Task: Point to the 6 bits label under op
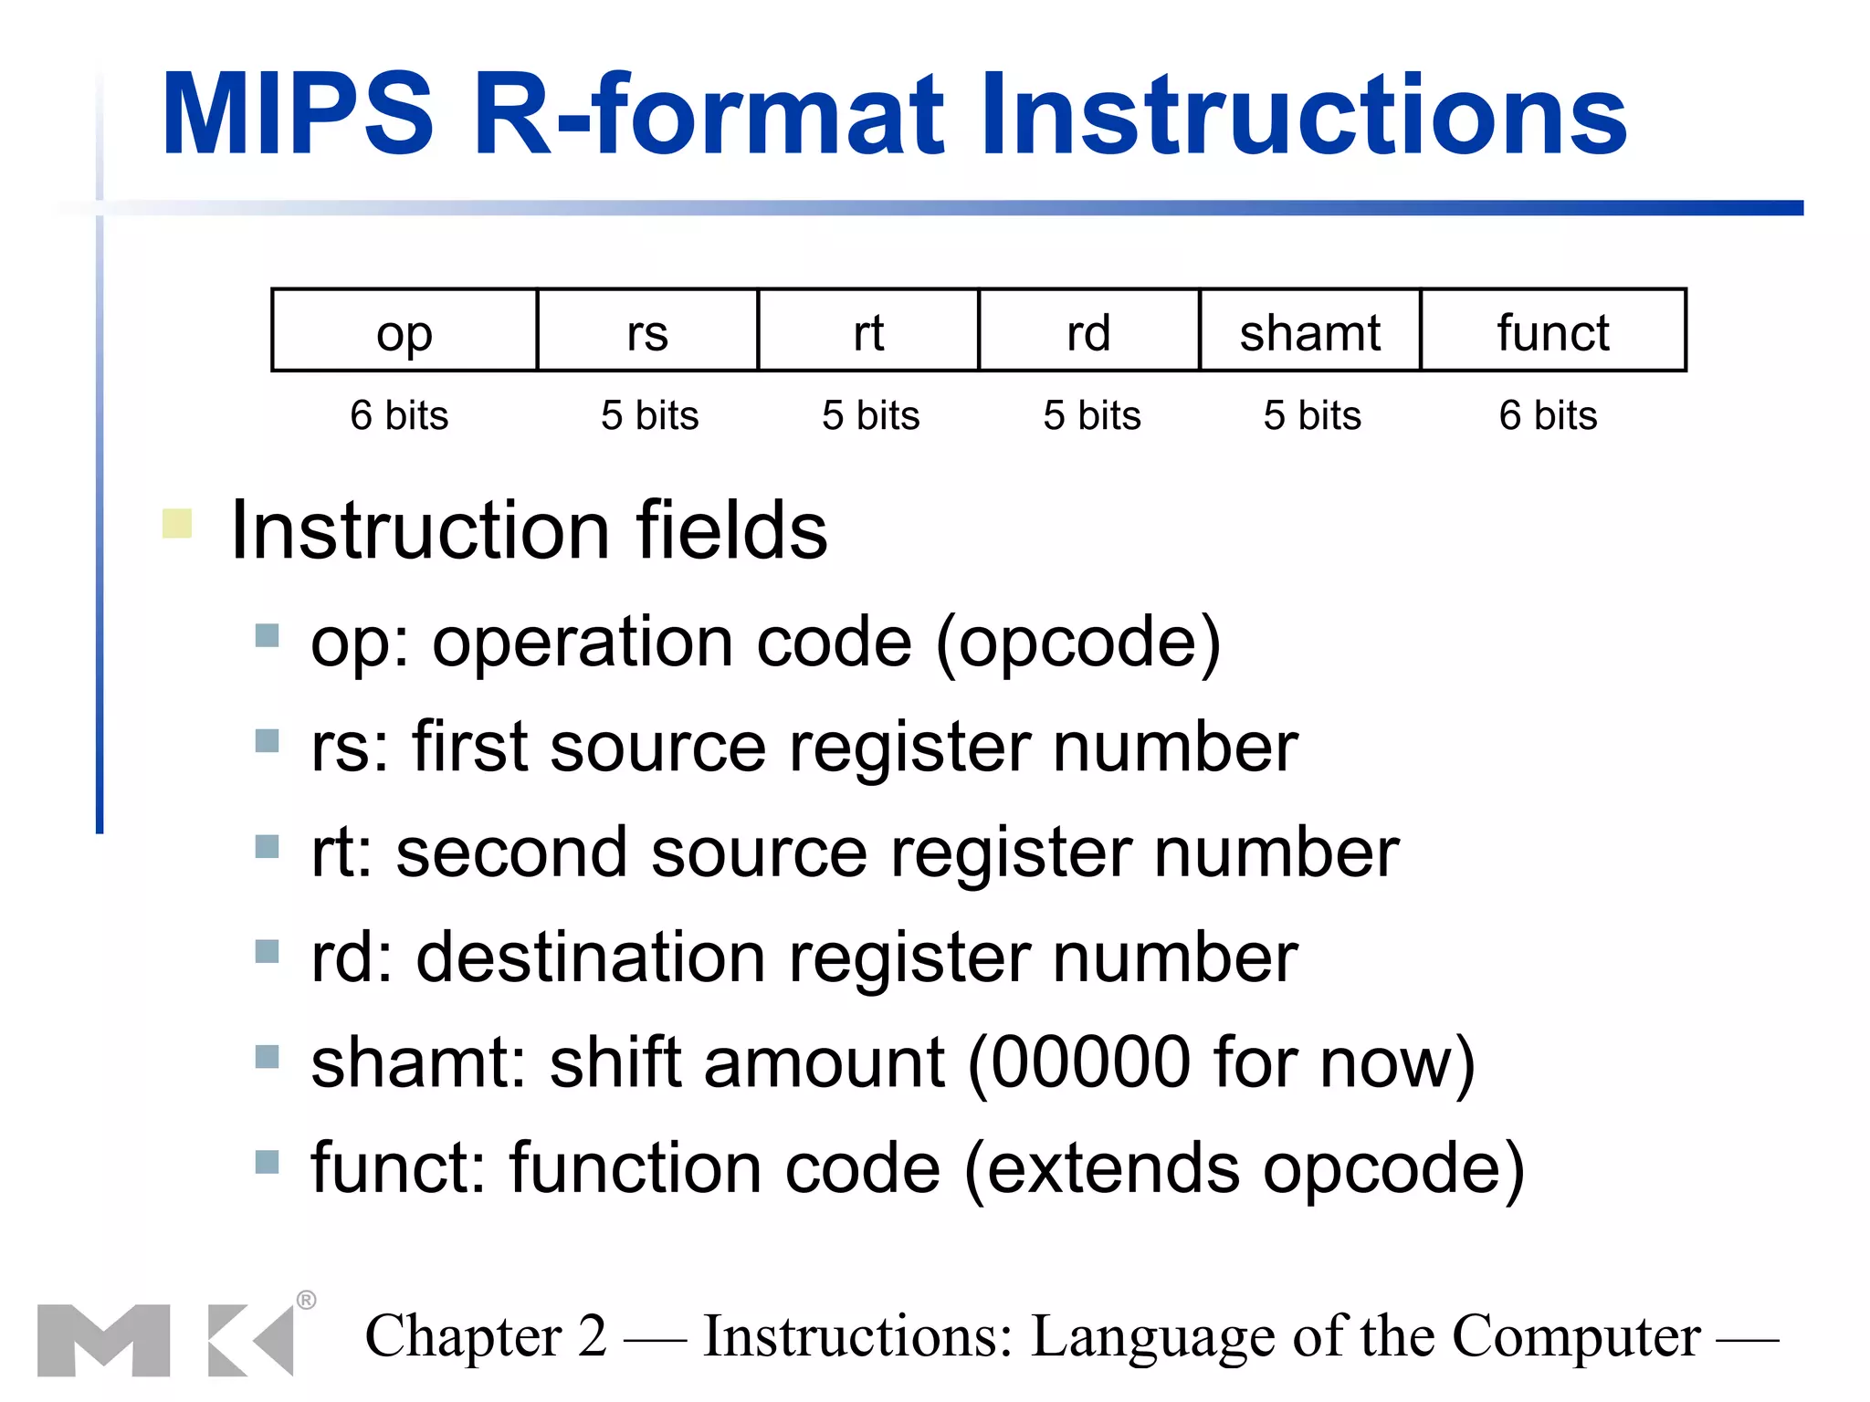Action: pos(399,415)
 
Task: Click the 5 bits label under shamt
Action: pos(1312,415)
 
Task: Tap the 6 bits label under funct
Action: pos(1548,415)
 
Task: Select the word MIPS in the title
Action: pos(298,115)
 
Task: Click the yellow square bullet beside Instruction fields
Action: pos(177,523)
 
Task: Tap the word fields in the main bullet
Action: pos(731,530)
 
